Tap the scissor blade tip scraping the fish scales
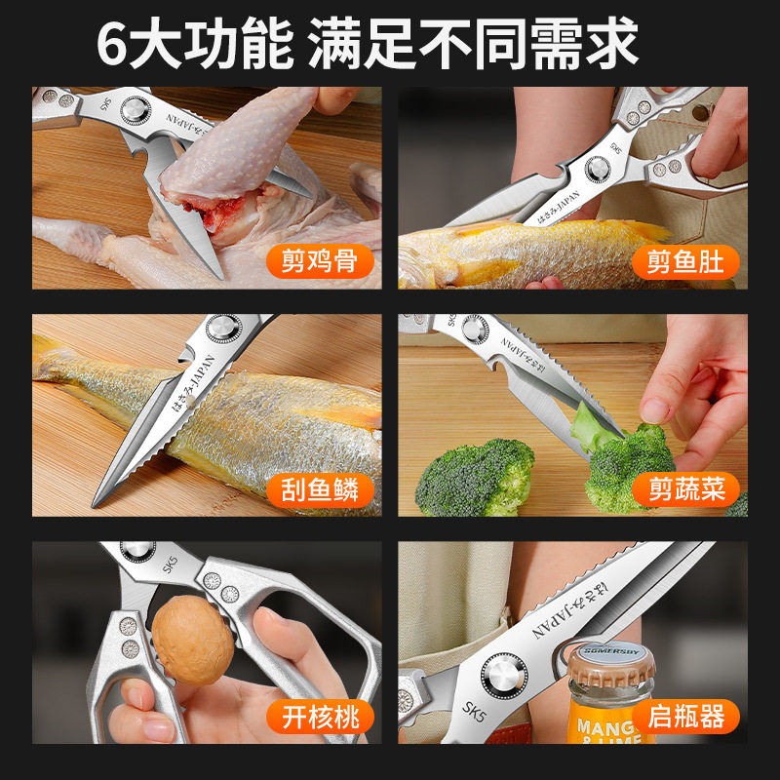click(x=98, y=500)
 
